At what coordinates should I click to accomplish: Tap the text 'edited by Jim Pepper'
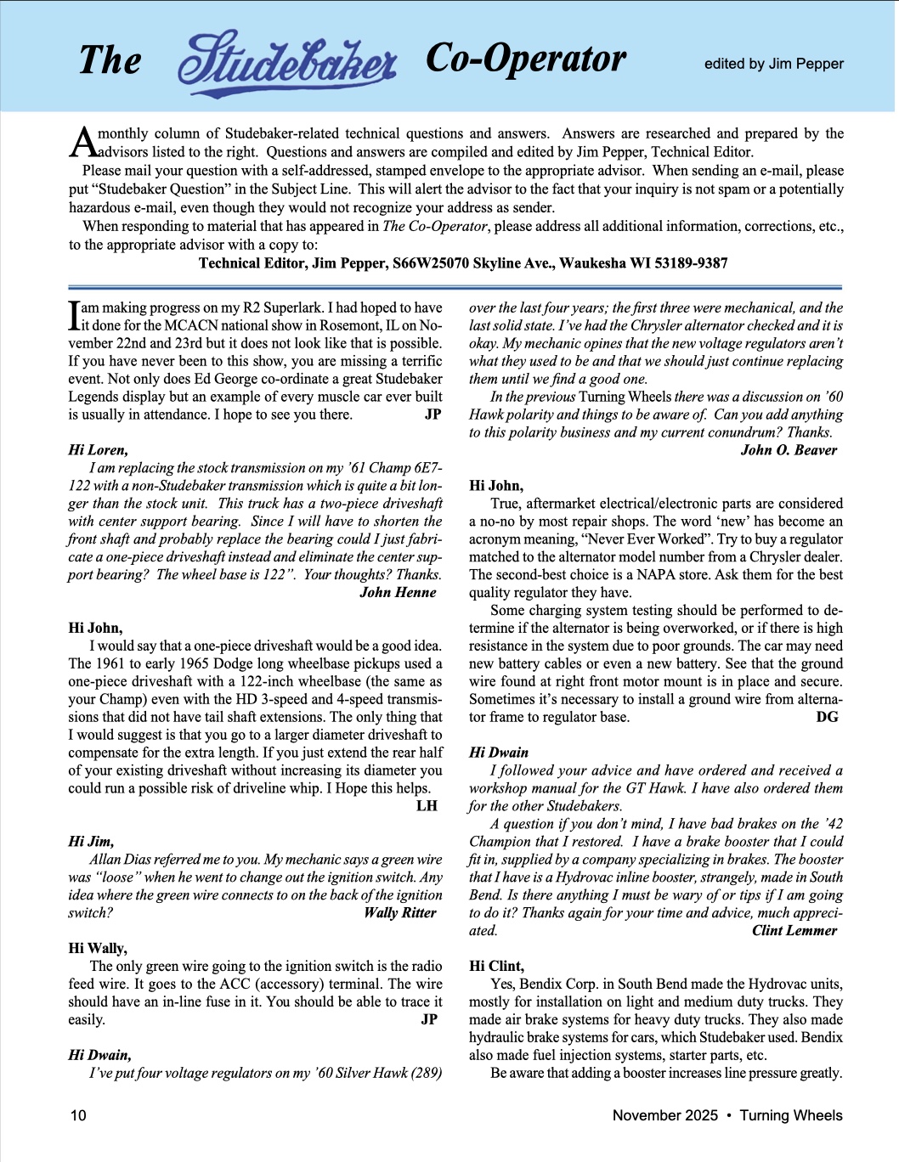tap(773, 64)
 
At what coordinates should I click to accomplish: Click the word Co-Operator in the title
tap(525, 59)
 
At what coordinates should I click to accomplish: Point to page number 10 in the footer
tap(77, 1115)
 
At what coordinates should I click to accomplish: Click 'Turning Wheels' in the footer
tap(790, 1115)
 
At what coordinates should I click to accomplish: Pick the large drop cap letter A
tap(82, 143)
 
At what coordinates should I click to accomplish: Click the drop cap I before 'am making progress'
tap(74, 316)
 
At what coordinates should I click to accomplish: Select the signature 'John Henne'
tap(398, 592)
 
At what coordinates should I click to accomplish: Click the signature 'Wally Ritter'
tap(399, 912)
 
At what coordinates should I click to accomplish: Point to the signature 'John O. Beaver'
tap(789, 450)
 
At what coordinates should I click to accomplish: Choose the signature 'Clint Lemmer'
tap(794, 930)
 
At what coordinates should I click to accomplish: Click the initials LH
tap(427, 805)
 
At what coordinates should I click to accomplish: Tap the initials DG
tap(827, 717)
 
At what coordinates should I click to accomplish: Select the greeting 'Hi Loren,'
tap(98, 450)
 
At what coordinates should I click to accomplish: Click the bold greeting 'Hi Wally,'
tap(98, 948)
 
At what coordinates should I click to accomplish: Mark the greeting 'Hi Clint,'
tap(496, 966)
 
